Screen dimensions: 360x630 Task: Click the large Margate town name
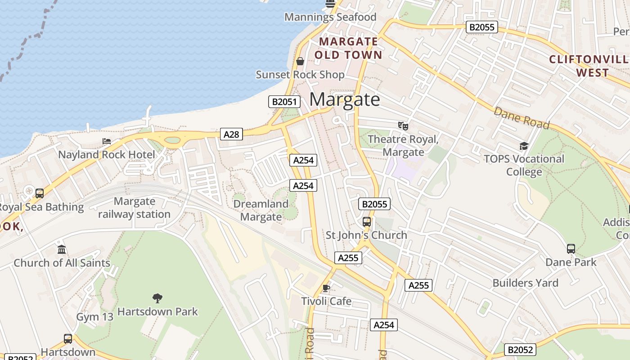[345, 99]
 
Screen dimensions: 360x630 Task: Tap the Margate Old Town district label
[348, 49]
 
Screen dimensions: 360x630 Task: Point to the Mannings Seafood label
[330, 17]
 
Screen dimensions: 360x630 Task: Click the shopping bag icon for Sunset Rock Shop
[300, 61]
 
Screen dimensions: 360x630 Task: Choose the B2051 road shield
[284, 102]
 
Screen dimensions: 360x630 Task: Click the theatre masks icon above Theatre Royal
[403, 126]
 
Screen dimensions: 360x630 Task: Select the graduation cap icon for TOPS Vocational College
[524, 146]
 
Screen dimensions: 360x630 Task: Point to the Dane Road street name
[522, 118]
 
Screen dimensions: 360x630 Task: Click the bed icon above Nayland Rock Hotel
[107, 142]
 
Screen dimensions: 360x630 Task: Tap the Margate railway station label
[135, 208]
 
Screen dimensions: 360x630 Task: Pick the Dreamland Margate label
[261, 210]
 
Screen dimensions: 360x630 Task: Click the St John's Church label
[366, 235]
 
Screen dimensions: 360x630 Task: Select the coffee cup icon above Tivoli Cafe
[327, 288]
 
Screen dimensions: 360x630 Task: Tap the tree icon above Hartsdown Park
[157, 297]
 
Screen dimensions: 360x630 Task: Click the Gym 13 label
[94, 317]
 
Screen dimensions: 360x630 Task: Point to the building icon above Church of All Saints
[62, 250]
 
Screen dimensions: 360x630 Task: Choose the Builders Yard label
[525, 283]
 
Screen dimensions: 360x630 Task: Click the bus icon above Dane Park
[571, 248]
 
